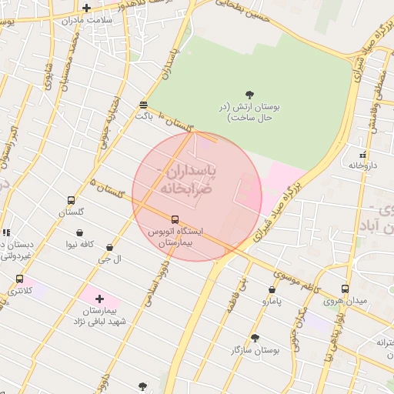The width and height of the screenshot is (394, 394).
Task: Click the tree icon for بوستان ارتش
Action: click(249, 95)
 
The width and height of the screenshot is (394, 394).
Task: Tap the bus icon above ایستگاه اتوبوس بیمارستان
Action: click(175, 219)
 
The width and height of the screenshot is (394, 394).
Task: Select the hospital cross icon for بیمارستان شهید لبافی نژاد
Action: click(99, 298)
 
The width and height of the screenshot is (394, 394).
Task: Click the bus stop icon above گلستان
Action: click(72, 200)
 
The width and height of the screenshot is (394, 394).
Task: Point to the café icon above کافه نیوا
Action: click(80, 233)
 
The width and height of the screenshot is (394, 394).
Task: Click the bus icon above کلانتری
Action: click(19, 279)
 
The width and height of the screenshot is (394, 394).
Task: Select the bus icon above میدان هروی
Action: click(345, 289)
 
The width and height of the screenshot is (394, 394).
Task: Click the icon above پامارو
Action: click(272, 290)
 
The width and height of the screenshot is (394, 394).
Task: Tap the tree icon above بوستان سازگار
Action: click(255, 338)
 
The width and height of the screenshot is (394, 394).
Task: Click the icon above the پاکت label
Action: click(144, 105)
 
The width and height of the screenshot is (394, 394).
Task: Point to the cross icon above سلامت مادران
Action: click(86, 8)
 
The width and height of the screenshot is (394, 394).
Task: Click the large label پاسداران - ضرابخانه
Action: click(188, 179)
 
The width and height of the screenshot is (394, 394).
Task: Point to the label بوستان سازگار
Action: click(255, 350)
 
